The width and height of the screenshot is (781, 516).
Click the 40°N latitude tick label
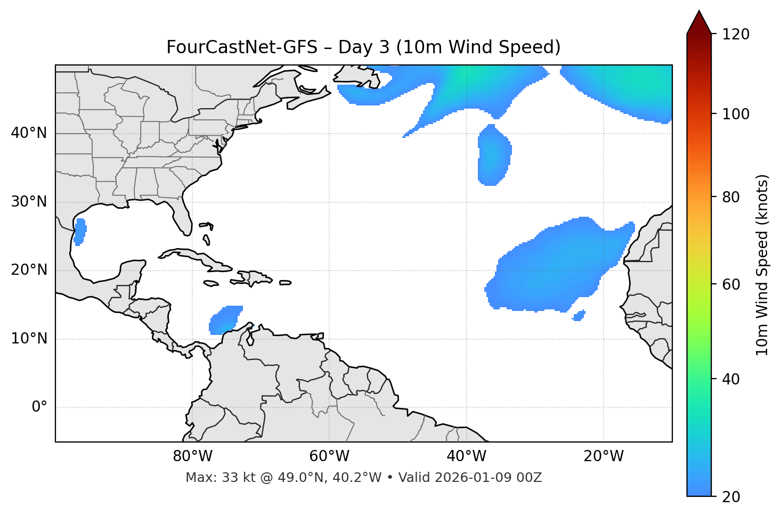point(29,133)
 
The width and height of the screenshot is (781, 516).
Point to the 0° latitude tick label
point(39,407)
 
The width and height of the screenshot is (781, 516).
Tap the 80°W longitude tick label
point(192,456)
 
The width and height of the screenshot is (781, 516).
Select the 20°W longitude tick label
point(604,456)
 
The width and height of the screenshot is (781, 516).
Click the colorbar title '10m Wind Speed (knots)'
point(762,265)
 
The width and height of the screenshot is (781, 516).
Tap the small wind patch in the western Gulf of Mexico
point(80,232)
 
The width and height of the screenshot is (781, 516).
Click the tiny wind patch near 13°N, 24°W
point(579,316)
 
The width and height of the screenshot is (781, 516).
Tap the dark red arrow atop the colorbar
point(699,23)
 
